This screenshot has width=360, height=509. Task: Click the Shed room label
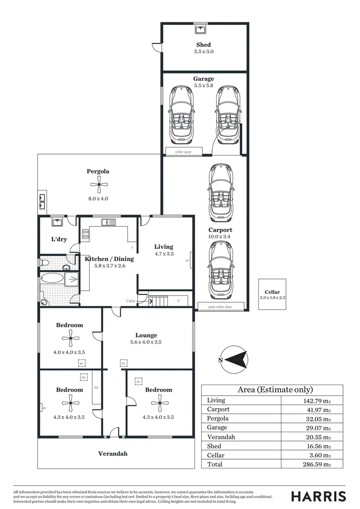pos(204,45)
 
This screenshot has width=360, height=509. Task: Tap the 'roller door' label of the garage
pos(184,152)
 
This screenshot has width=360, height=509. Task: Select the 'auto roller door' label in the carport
pos(220,307)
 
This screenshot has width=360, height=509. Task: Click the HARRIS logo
pos(319,496)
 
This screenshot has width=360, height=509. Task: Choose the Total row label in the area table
pos(215,464)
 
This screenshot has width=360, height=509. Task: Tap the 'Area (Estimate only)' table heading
pos(272,390)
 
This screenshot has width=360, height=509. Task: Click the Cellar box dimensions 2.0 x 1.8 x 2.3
pos(272,298)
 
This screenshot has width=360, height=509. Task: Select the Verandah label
pos(113,454)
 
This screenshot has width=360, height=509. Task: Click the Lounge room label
pos(146,336)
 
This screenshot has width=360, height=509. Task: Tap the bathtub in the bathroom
pos(51,278)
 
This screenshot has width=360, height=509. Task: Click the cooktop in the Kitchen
pos(86,234)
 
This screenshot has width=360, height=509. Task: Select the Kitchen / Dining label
pos(109,259)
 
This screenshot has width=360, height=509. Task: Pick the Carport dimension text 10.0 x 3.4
pos(220,237)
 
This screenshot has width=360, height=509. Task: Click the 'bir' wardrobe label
pos(96,387)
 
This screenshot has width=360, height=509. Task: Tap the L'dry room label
pos(59,239)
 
